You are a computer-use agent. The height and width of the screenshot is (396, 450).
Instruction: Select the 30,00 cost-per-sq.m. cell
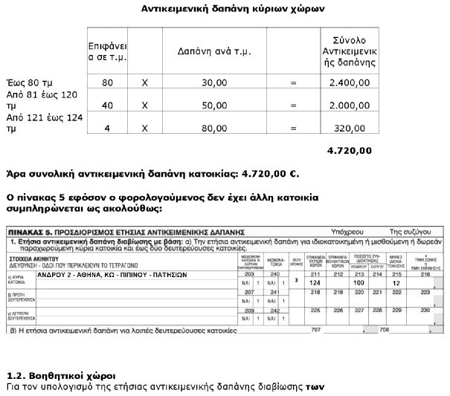214,82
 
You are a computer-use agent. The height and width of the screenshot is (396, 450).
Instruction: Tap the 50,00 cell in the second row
214,106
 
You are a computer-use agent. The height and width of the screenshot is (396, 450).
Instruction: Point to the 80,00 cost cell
214,129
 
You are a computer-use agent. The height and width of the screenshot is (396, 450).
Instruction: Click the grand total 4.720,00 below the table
349,151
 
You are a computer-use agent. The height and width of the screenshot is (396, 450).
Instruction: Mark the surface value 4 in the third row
107,129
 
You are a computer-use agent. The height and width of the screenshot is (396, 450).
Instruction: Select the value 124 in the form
315,283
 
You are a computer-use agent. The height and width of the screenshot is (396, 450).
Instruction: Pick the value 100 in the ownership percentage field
361,283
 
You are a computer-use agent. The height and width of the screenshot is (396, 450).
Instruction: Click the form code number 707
317,328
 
